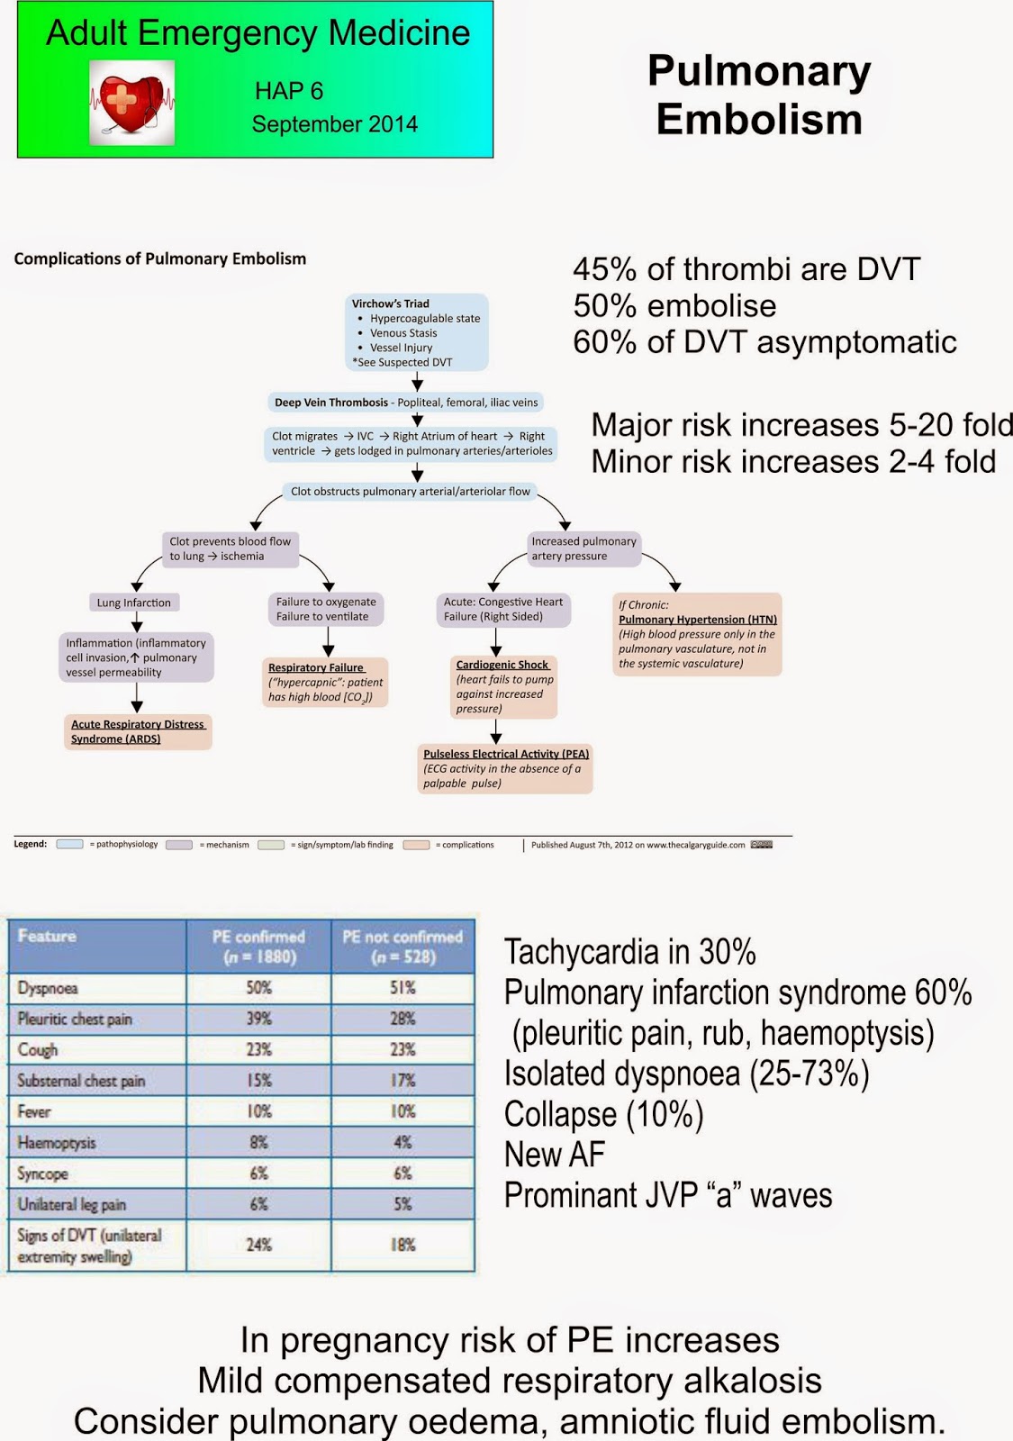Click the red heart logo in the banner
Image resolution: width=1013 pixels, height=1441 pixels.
131,103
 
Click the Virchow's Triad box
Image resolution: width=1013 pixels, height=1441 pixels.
417,332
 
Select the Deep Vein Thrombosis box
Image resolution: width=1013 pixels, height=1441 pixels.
406,403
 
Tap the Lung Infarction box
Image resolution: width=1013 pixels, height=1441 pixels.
134,603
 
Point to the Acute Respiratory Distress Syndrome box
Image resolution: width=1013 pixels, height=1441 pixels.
138,731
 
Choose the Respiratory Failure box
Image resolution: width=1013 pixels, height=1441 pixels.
325,682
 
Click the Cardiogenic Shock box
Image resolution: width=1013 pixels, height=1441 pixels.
503,686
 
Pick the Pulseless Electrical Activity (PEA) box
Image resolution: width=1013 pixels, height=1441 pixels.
505,768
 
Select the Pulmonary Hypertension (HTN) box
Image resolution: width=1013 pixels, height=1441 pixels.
697,634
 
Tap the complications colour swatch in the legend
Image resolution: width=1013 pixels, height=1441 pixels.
416,845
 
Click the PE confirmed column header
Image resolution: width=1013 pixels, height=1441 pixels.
258,946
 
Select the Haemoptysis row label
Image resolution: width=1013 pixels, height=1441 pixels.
57,1143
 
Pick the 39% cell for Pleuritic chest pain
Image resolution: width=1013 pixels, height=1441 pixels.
258,1019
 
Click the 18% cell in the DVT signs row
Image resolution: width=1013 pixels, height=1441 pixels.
402,1245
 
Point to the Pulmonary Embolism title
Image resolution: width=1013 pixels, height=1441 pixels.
759,95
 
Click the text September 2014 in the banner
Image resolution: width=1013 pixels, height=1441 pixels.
334,124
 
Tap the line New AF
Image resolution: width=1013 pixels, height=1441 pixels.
555,1155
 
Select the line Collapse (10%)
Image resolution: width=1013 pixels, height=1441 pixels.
603,1115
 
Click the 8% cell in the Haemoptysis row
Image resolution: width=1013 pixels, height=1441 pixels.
258,1143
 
